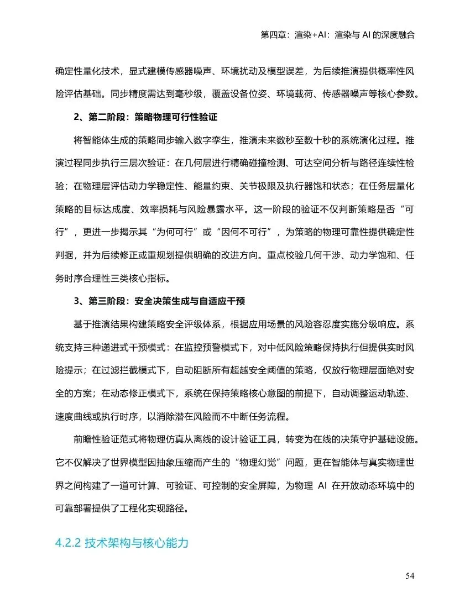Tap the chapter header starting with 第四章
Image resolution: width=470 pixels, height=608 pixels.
[337, 34]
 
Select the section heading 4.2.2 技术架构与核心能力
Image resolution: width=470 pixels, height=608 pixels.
[122, 543]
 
